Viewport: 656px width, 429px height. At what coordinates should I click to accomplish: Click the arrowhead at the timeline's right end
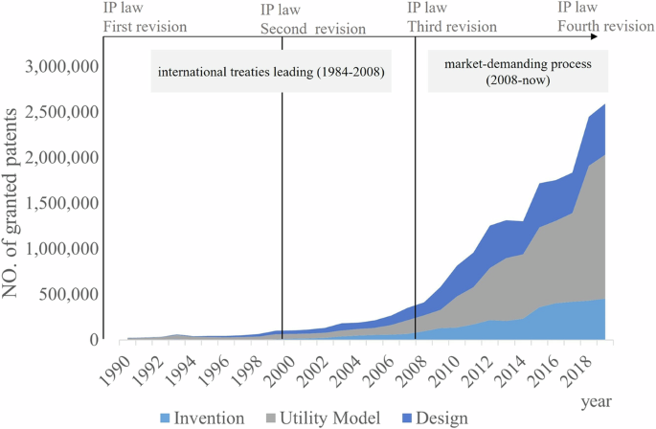click(x=596, y=36)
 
